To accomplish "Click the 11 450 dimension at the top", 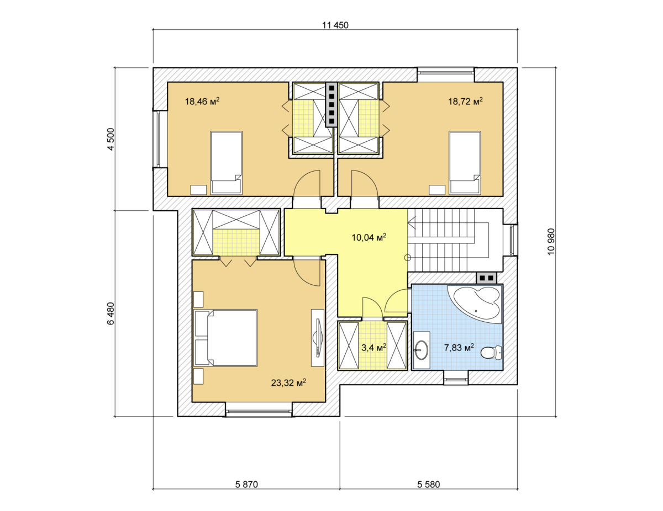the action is pyautogui.click(x=335, y=25).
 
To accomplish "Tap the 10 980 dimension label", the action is pyautogui.click(x=551, y=242).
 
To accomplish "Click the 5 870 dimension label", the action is pyautogui.click(x=246, y=484).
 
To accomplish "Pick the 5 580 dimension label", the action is pyautogui.click(x=428, y=484).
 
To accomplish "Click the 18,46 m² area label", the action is pyautogui.click(x=202, y=101).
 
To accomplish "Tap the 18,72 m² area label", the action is pyautogui.click(x=465, y=101).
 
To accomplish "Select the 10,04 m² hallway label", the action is pyautogui.click(x=369, y=237).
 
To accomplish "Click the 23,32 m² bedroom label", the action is pyautogui.click(x=288, y=383).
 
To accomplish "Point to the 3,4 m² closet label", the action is pyautogui.click(x=373, y=347).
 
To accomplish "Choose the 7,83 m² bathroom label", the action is pyautogui.click(x=459, y=347).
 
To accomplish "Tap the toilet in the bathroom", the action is pyautogui.click(x=491, y=353).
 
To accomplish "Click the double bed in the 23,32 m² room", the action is pyautogui.click(x=226, y=338).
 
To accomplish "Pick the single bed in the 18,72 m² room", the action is pyautogui.click(x=465, y=163).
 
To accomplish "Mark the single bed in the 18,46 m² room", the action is pyautogui.click(x=226, y=163).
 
